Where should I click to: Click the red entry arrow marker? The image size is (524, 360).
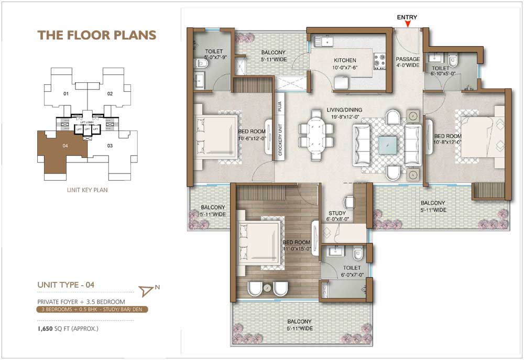click(x=407, y=24)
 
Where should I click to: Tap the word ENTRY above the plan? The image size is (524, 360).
click(x=407, y=17)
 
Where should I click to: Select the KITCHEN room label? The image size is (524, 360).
click(x=345, y=61)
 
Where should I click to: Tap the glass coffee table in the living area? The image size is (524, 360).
click(x=388, y=144)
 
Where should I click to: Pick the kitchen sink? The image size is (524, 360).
click(x=324, y=40)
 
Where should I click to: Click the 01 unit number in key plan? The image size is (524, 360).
click(x=66, y=94)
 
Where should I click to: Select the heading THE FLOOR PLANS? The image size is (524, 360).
click(x=96, y=35)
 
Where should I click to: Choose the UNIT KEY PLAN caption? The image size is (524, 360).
click(x=87, y=190)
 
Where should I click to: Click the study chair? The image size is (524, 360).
click(x=349, y=202)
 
